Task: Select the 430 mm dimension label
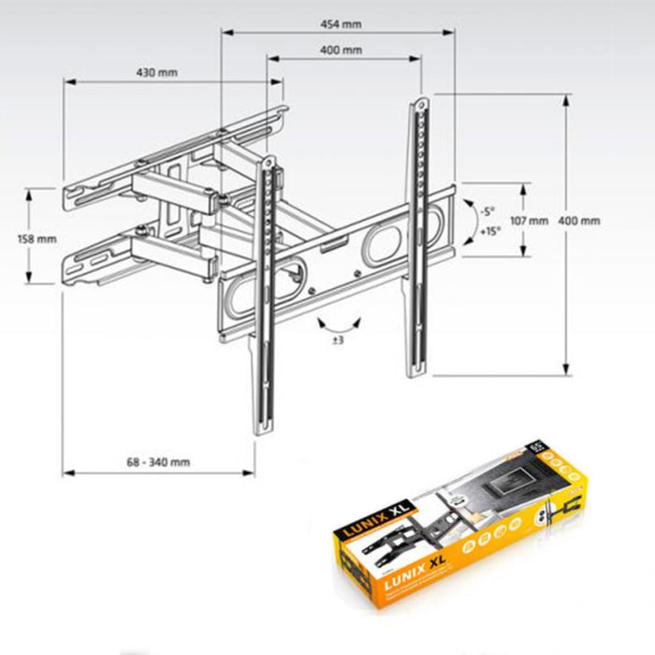(x=157, y=72)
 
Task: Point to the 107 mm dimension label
(x=530, y=221)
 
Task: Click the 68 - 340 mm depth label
(x=158, y=461)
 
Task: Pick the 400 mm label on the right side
(x=579, y=221)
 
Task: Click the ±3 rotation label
(x=338, y=341)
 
